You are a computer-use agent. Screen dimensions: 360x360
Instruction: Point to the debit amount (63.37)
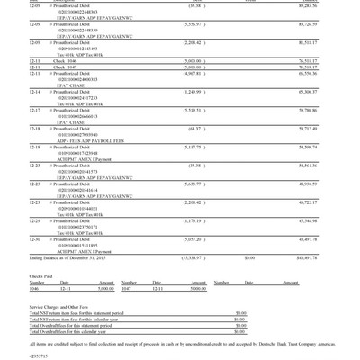click(x=194, y=129)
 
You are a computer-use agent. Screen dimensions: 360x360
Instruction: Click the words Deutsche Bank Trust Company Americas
click(x=292, y=343)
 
